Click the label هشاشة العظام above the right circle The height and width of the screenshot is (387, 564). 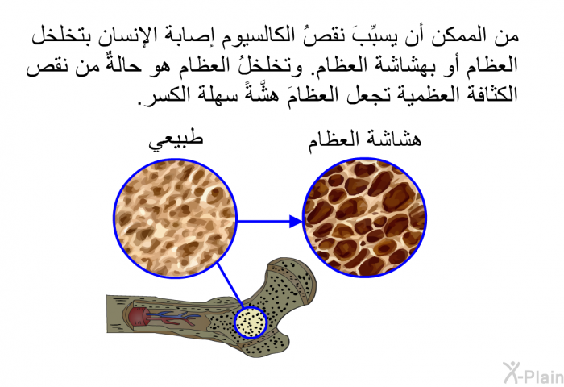(364, 140)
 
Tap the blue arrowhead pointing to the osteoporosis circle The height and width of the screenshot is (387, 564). (297, 221)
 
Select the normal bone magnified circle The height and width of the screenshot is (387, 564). (175, 218)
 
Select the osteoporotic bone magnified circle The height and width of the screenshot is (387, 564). (365, 218)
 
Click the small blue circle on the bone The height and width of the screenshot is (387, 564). (251, 322)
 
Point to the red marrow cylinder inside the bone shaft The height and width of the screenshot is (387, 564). (136, 317)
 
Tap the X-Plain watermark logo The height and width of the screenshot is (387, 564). (533, 373)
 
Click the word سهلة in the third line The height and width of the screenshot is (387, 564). (205, 95)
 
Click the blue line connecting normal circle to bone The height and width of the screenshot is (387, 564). (230, 285)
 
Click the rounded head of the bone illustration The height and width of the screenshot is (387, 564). (292, 281)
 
